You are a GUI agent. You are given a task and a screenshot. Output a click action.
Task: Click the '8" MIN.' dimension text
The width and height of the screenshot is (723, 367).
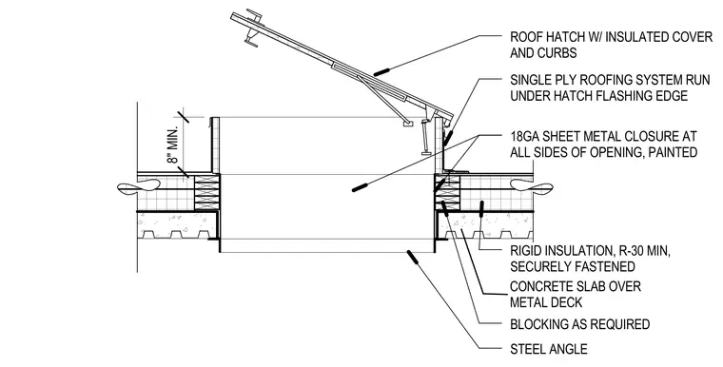click(172, 143)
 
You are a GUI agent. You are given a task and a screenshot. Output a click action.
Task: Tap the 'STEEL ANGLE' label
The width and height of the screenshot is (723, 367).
click(549, 349)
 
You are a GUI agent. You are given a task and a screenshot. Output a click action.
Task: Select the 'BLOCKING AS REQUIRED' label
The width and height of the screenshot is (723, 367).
click(579, 324)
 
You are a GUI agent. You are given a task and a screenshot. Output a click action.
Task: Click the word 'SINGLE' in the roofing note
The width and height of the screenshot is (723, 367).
click(530, 80)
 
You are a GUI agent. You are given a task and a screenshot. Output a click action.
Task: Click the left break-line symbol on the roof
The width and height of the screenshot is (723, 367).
click(139, 187)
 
